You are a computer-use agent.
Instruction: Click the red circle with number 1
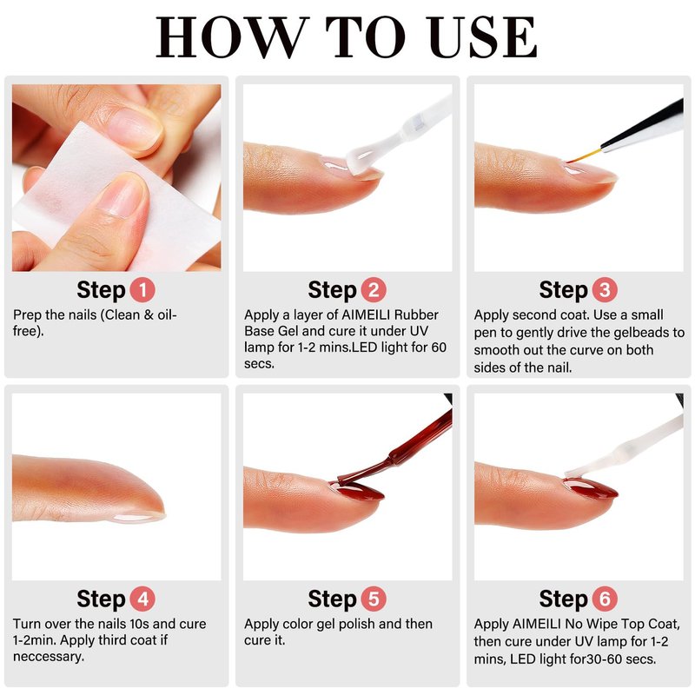[142, 290]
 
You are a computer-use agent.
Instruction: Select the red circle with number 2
[374, 290]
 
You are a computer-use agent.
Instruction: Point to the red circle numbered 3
[605, 290]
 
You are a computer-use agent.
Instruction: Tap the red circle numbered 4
[142, 599]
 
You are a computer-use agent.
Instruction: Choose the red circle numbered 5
[374, 599]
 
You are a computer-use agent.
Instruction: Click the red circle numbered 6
[605, 599]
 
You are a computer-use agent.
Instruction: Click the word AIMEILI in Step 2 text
[365, 314]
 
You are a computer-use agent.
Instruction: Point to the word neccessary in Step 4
[49, 657]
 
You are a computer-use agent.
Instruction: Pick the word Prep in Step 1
[27, 315]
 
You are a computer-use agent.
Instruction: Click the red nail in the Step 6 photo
[591, 488]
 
